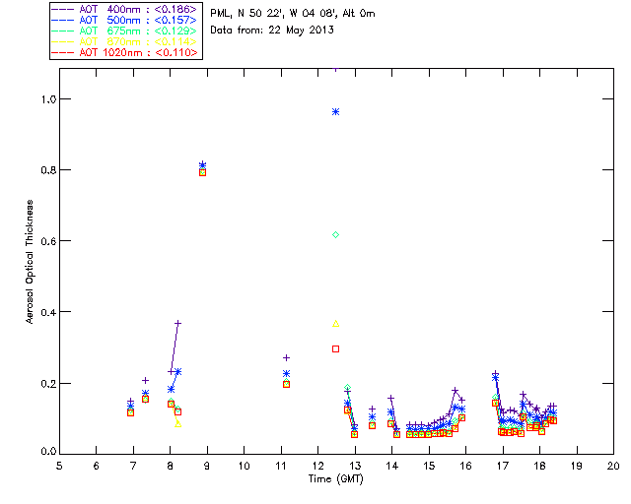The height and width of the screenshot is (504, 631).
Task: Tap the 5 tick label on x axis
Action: pyautogui.click(x=59, y=465)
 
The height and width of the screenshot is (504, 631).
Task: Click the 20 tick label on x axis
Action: pyautogui.click(x=613, y=465)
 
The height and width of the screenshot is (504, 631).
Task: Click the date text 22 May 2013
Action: pyautogui.click(x=295, y=30)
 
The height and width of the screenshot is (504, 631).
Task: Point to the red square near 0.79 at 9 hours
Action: pyautogui.click(x=202, y=172)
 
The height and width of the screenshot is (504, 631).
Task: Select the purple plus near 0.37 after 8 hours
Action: pyautogui.click(x=178, y=323)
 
